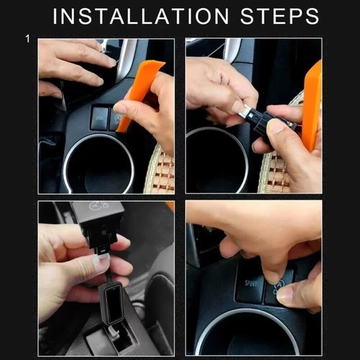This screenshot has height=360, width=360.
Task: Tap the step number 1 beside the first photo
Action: [27, 39]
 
